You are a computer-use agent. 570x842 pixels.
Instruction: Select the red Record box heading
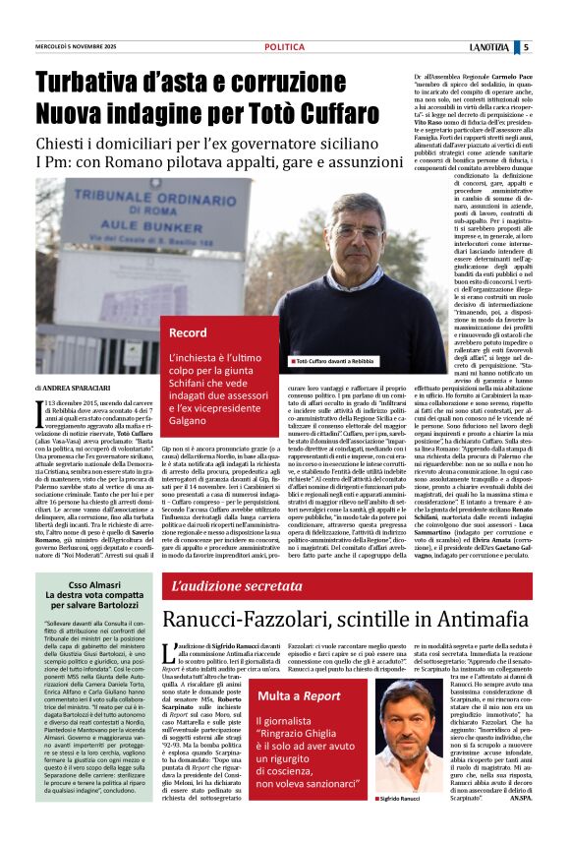[x=189, y=332]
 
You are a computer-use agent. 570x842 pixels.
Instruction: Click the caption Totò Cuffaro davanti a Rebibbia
[x=334, y=362]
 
